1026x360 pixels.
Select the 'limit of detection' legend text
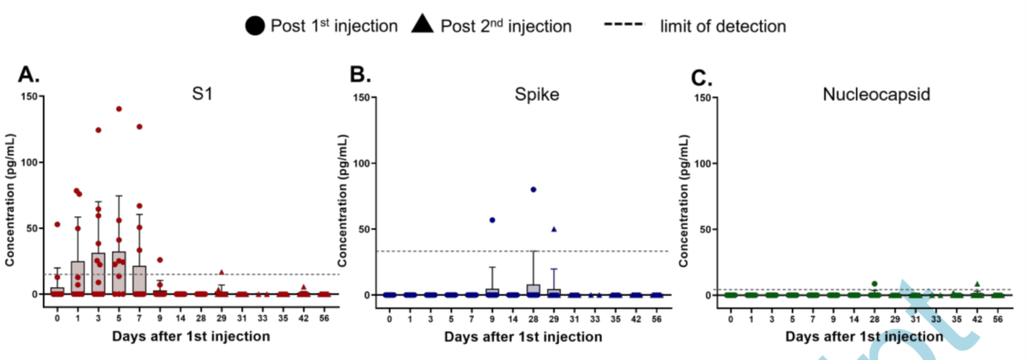[x=722, y=26]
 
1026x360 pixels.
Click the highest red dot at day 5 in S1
[x=119, y=109]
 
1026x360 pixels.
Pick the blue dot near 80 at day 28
[x=534, y=189]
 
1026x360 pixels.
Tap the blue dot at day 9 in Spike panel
[x=492, y=220]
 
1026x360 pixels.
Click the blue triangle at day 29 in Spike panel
[x=554, y=229]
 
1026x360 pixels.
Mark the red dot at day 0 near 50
[x=57, y=225]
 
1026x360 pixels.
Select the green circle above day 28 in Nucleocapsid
[x=874, y=284]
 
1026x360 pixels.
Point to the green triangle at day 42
[x=977, y=284]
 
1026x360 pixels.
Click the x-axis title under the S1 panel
[x=192, y=336]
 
